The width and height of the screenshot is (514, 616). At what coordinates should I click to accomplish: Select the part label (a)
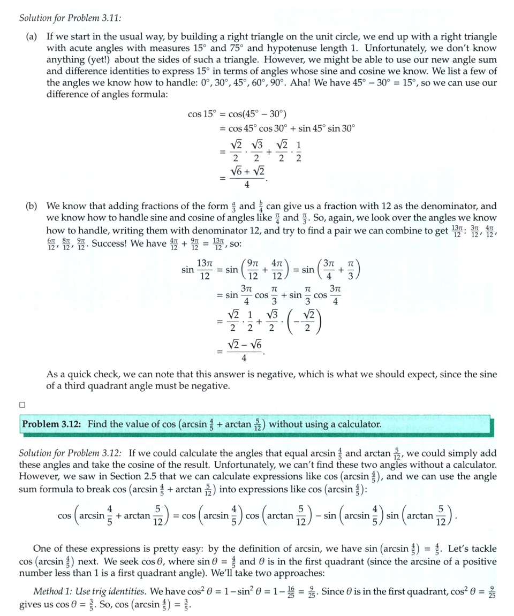pyautogui.click(x=32, y=37)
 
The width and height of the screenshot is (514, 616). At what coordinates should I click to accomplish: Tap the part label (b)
pyautogui.click(x=32, y=206)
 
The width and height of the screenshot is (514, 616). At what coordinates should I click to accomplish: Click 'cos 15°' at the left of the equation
pyautogui.click(x=201, y=114)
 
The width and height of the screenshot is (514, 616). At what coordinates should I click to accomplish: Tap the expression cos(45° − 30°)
pyautogui.click(x=258, y=114)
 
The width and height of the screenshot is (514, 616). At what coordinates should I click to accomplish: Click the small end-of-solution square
pyautogui.click(x=22, y=404)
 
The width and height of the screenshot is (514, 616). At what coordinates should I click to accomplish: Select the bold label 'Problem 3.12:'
pyautogui.click(x=51, y=424)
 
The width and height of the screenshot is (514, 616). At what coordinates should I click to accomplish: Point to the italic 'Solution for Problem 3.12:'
pyautogui.click(x=70, y=453)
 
